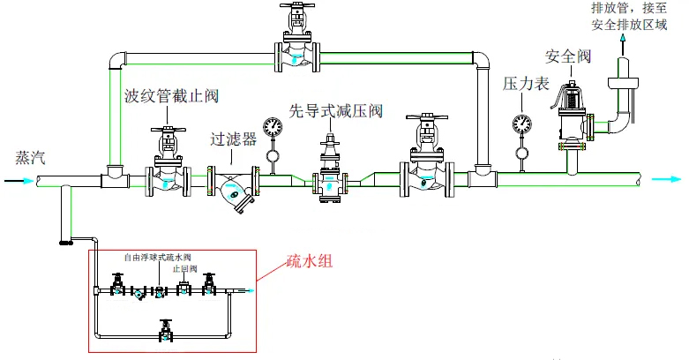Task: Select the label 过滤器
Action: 233,139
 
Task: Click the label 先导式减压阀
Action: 336,111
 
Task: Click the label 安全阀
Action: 567,56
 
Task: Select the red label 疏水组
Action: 310,262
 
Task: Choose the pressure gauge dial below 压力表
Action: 521,123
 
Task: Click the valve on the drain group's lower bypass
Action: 164,331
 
